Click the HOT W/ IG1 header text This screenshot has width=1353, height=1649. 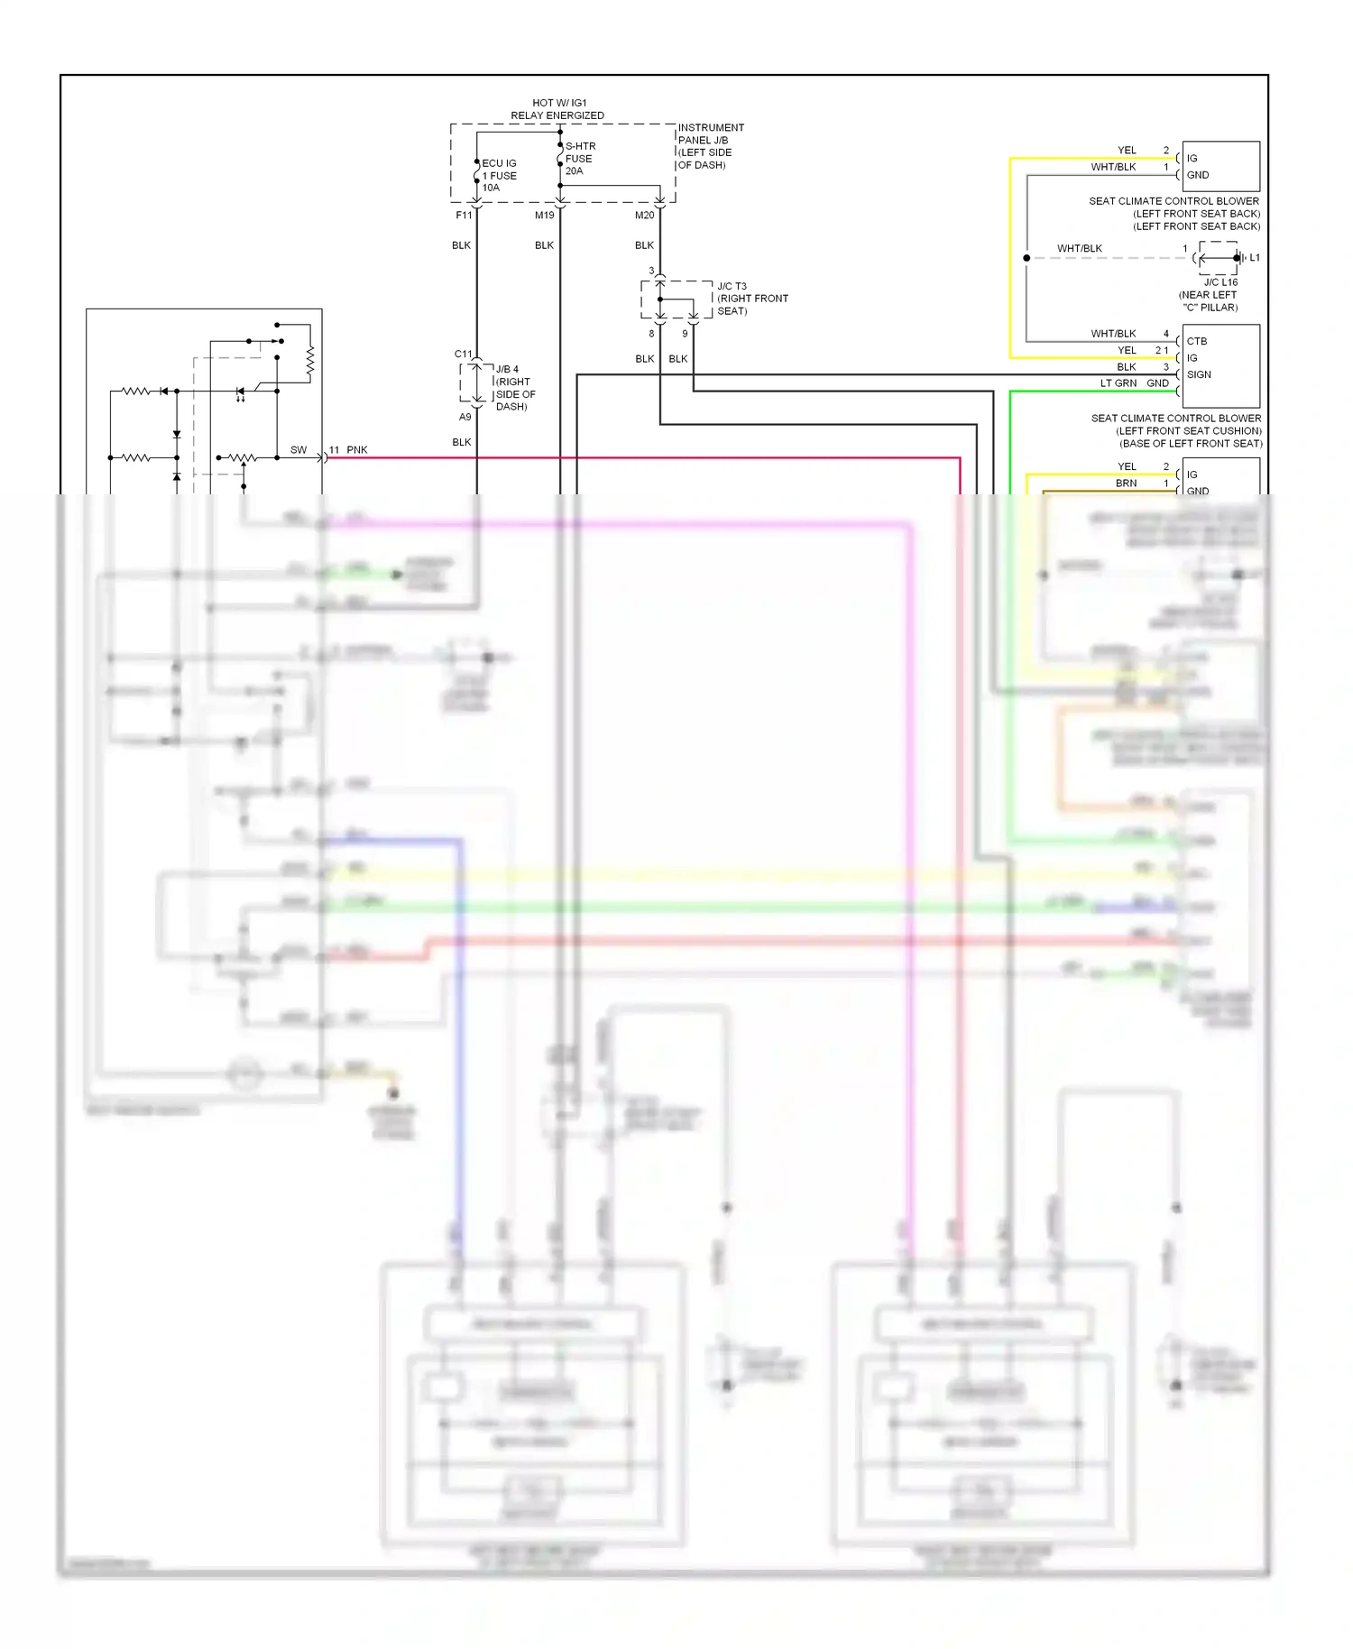tap(559, 103)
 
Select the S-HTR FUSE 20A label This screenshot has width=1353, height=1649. tap(579, 158)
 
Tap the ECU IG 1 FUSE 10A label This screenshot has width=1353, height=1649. tap(499, 175)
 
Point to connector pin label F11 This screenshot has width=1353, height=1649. tap(464, 216)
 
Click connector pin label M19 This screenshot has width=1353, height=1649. tap(544, 216)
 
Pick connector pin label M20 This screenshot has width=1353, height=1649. tap(644, 216)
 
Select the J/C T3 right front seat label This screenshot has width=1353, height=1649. tap(751, 299)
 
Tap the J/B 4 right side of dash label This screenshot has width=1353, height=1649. tap(514, 388)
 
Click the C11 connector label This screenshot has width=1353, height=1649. tap(463, 354)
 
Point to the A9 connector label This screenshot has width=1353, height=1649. tap(465, 417)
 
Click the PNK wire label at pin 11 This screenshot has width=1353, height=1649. tap(357, 449)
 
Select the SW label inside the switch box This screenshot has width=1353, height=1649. tap(299, 449)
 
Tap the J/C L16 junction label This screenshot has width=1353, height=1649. tap(1220, 282)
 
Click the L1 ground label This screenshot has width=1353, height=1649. tap(1254, 258)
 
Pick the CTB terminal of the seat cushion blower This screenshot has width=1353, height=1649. tap(1197, 341)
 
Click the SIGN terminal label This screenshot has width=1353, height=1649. tap(1199, 374)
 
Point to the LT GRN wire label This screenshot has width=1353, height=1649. tap(1118, 383)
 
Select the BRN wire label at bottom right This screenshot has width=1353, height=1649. tap(1126, 484)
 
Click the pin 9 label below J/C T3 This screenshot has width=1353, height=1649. tap(685, 334)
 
